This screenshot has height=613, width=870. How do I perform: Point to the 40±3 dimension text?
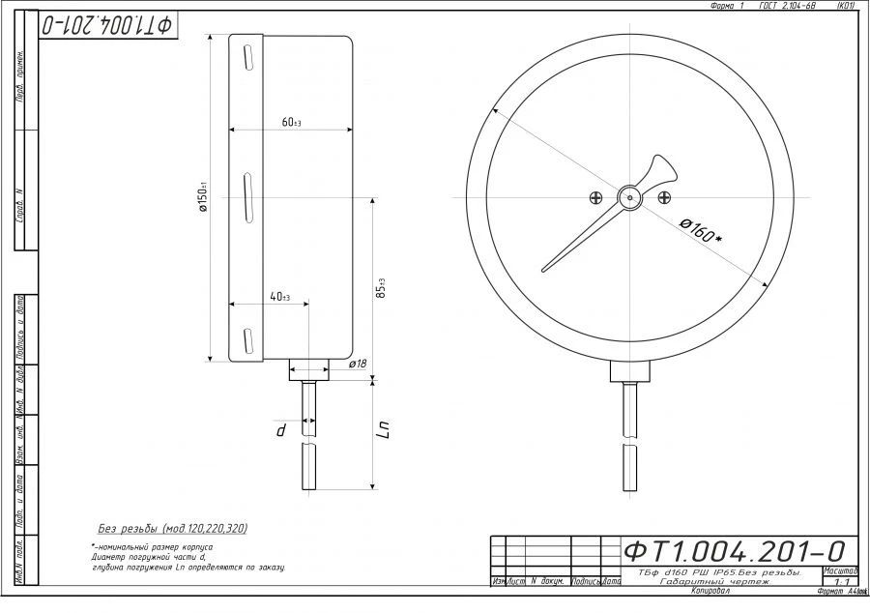pos(280,297)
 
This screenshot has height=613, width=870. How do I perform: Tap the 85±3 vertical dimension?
pos(382,287)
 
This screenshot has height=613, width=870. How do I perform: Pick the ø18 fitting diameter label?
pos(356,364)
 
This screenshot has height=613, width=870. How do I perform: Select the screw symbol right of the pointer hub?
pos(664,197)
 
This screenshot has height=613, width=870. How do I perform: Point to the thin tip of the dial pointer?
pos(544,269)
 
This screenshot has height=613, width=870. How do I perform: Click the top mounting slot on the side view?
pos(247,57)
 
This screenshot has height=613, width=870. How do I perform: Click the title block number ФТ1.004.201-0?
pos(735,551)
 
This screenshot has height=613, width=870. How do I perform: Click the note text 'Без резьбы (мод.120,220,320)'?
pos(173,529)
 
